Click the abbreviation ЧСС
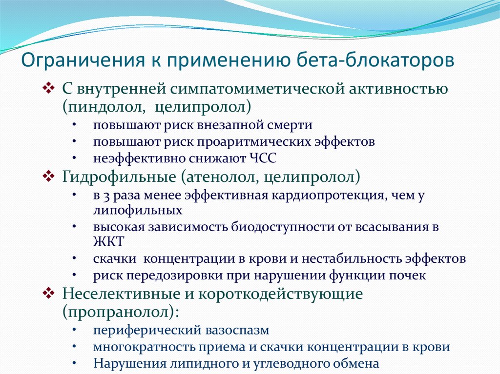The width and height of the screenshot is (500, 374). tap(263, 158)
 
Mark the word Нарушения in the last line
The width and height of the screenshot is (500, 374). tap(125, 364)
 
